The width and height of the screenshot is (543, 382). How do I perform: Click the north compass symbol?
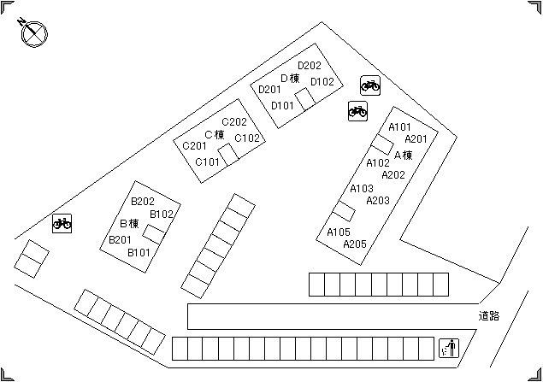33,32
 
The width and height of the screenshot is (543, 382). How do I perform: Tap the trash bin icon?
449,348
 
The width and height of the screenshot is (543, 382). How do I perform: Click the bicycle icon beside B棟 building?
62,223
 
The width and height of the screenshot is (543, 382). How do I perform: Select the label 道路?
489,316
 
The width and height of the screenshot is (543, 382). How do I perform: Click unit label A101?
399,127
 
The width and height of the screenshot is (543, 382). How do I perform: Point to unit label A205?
355,244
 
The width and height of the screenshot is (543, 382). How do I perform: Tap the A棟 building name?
404,155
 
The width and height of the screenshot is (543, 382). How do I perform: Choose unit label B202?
143,202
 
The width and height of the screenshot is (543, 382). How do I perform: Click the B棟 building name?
129,224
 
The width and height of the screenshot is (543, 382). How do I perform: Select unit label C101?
207,162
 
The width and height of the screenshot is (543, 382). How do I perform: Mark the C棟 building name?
215,135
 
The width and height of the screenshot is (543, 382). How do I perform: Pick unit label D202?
310,66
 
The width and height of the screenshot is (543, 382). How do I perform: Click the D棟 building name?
290,79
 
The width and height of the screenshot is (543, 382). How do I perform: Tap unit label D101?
282,105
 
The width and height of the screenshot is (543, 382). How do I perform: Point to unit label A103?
362,189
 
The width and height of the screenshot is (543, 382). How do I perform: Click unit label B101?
139,253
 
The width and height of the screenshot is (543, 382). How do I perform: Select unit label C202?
234,122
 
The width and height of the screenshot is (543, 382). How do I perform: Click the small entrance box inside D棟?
305,99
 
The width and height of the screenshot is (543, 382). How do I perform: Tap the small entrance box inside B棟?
153,234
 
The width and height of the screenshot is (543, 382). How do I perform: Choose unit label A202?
393,175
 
